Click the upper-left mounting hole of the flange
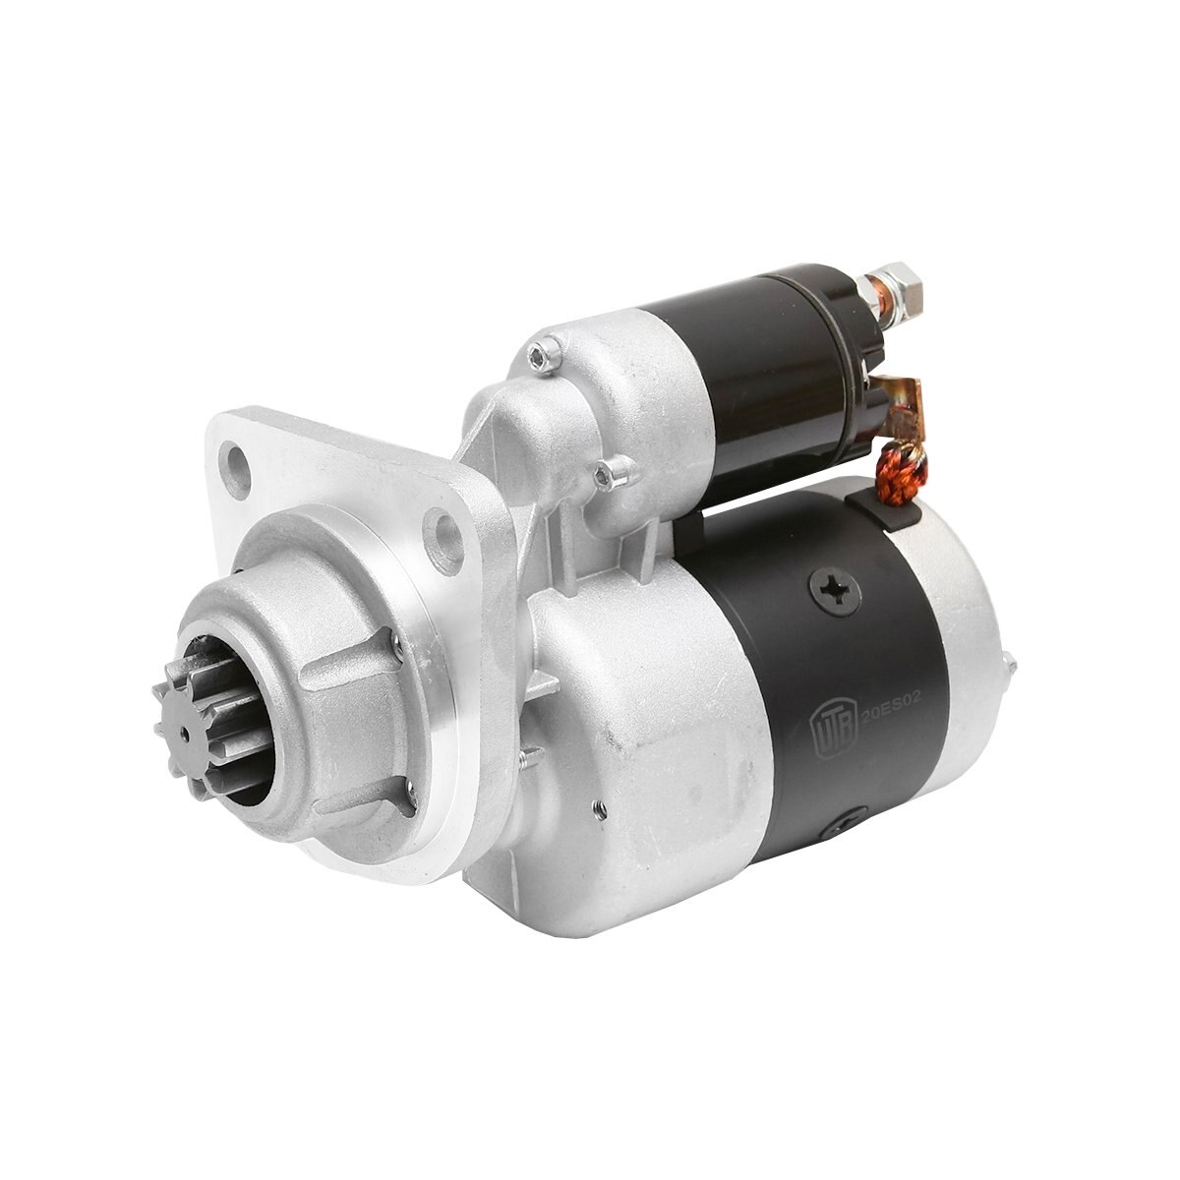click(x=233, y=460)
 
